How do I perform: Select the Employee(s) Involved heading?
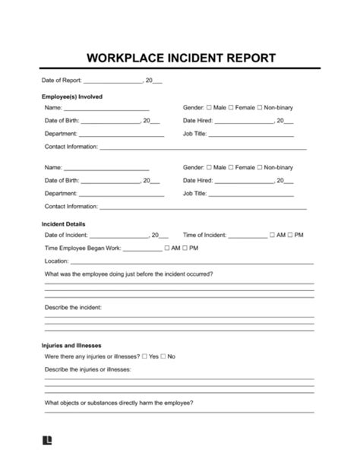(x=72, y=96)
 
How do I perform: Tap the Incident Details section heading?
(x=65, y=224)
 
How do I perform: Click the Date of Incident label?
(x=66, y=236)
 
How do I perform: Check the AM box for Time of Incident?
(x=272, y=236)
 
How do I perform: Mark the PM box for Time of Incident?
(x=292, y=236)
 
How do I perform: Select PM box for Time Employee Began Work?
(x=186, y=248)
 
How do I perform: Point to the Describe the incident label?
(x=78, y=307)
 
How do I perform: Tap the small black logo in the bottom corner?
(x=47, y=440)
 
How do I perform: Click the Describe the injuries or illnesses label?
(x=88, y=368)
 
